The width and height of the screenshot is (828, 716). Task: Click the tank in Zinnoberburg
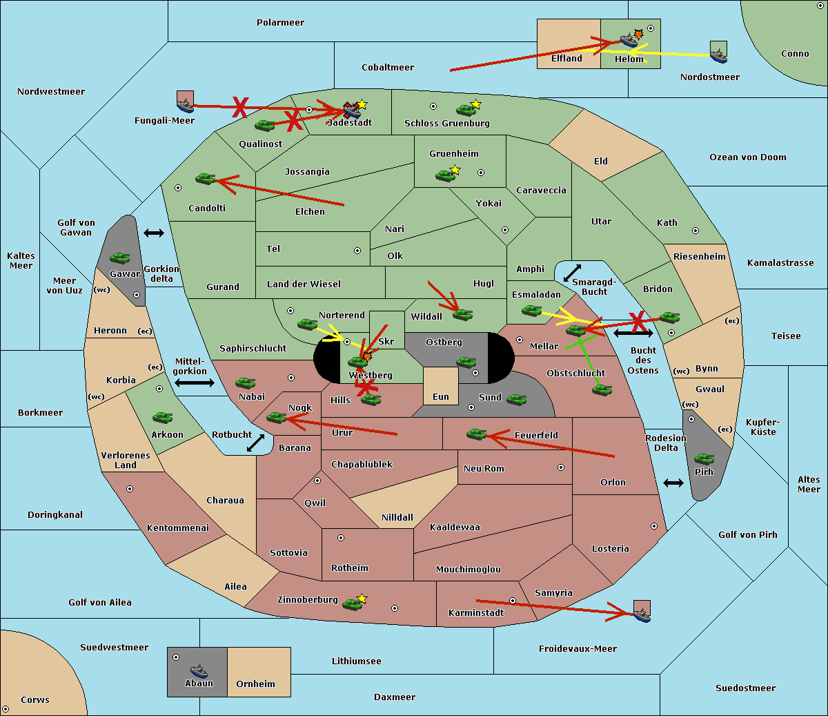(x=353, y=604)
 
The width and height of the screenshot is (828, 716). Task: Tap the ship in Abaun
(x=199, y=670)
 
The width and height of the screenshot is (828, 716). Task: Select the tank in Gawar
(x=120, y=258)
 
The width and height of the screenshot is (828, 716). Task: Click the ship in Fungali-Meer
(x=186, y=105)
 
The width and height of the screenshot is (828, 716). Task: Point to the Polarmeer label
(x=280, y=23)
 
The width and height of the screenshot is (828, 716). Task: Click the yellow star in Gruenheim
(x=455, y=170)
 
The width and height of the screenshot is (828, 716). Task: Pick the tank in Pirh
(x=704, y=458)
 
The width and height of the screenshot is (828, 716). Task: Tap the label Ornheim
(x=255, y=684)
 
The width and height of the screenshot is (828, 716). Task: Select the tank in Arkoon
(x=163, y=418)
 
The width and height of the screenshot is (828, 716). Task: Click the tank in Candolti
(x=205, y=178)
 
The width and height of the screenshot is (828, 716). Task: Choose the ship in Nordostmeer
(x=719, y=56)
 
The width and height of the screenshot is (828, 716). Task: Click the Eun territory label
(x=441, y=396)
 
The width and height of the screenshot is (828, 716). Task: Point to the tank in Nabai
(x=245, y=383)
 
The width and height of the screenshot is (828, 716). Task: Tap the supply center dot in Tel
(x=357, y=251)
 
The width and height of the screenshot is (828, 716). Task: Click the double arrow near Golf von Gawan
(x=154, y=233)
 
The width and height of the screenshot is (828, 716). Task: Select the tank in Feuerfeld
(x=477, y=434)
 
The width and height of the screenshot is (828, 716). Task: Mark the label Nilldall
(x=397, y=517)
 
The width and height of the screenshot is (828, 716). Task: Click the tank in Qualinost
(x=264, y=126)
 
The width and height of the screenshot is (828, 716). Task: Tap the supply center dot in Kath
(x=696, y=231)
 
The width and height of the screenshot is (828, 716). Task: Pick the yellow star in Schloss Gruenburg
(x=475, y=104)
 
